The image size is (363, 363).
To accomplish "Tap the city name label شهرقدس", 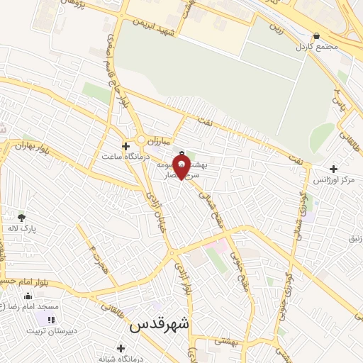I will pos(160,325).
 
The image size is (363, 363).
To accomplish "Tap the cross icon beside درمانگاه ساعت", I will pos(125,145).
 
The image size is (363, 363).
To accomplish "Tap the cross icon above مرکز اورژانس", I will pos(333,169).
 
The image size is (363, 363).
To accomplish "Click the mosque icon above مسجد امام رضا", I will pos(28,296).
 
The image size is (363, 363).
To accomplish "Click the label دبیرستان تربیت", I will pos(50,330).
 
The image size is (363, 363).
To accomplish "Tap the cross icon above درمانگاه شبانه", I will pos(121,348).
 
